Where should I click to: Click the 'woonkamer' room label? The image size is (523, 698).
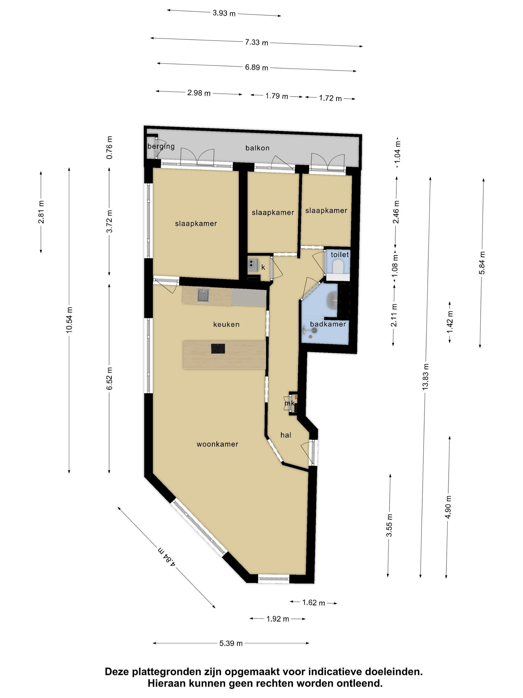(x=217, y=444)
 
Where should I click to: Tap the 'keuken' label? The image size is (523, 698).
(x=226, y=324)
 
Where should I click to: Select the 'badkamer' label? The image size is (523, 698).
(x=328, y=324)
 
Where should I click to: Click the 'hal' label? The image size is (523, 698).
(x=286, y=435)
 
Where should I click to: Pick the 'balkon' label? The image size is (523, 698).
(x=257, y=148)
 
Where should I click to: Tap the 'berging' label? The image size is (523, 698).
(x=161, y=146)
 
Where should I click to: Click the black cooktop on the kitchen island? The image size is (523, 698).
(x=218, y=349)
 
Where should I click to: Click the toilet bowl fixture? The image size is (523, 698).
(x=338, y=267)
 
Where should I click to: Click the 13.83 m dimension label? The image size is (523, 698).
(x=426, y=377)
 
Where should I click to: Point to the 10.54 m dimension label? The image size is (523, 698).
(x=69, y=319)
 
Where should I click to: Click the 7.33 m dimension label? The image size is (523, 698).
(x=257, y=42)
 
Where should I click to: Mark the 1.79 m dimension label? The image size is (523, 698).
(x=277, y=96)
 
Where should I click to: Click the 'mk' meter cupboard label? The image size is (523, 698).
(x=289, y=403)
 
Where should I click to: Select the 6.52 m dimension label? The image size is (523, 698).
(x=109, y=378)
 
